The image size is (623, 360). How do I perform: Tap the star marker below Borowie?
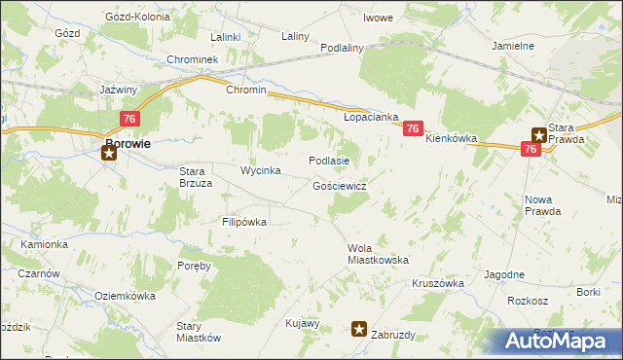tap(108, 153)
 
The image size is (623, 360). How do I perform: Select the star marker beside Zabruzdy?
tap(360, 330)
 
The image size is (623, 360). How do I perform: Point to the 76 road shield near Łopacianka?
tap(413, 128)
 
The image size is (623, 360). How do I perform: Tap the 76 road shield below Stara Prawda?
tap(531, 149)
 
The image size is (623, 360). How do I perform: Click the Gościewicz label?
tap(340, 185)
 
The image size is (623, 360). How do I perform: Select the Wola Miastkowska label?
tap(378, 254)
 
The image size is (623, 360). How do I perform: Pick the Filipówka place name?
tap(244, 222)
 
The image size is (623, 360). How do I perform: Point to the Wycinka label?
tap(261, 170)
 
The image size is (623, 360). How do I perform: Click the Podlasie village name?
tap(328, 160)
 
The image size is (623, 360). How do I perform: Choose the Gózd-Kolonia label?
tap(137, 18)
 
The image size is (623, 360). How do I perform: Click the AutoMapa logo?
tap(561, 342)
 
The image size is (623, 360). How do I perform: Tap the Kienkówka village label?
tap(452, 139)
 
